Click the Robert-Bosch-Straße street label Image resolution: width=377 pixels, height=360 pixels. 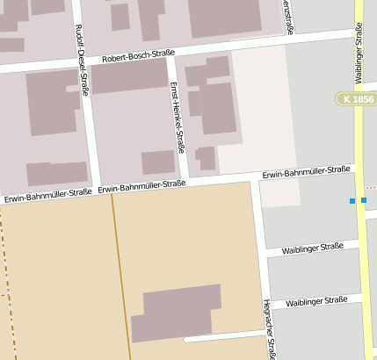[138, 55]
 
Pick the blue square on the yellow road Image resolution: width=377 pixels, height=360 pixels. [363, 200]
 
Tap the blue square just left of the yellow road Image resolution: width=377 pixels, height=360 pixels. [352, 201]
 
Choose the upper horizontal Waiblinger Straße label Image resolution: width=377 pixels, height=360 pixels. [313, 248]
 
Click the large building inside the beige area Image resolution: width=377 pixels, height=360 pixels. [176, 312]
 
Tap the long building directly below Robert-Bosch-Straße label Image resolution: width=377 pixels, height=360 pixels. [129, 76]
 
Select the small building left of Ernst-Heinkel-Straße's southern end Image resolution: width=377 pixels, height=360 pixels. [158, 162]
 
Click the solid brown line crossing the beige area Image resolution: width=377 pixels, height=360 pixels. [120, 272]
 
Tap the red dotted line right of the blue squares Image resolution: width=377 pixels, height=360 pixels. [372, 187]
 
